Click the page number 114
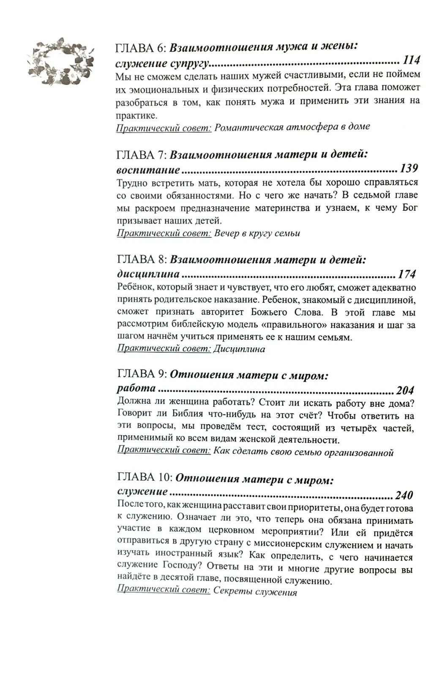(411, 60)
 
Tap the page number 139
(409, 169)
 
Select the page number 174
(407, 274)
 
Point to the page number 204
(405, 390)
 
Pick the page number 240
(404, 495)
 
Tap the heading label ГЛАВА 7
(141, 155)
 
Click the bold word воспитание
(148, 170)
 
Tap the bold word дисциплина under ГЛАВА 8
(148, 274)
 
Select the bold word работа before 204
(136, 389)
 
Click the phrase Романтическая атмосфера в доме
(292, 127)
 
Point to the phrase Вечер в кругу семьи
(257, 233)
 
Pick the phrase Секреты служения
(255, 591)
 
